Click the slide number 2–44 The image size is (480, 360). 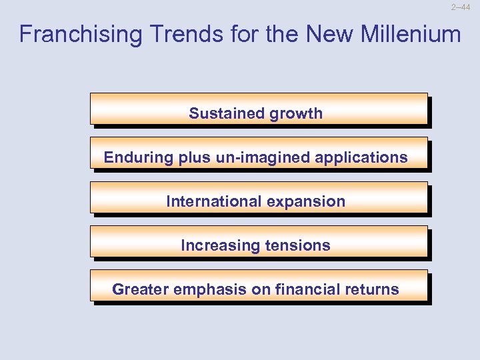click(465, 7)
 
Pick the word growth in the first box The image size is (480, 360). click(296, 113)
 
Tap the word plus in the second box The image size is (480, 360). click(193, 158)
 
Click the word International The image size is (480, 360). click(209, 201)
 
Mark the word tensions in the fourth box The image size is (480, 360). click(298, 245)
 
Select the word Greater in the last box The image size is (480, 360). click(140, 289)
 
